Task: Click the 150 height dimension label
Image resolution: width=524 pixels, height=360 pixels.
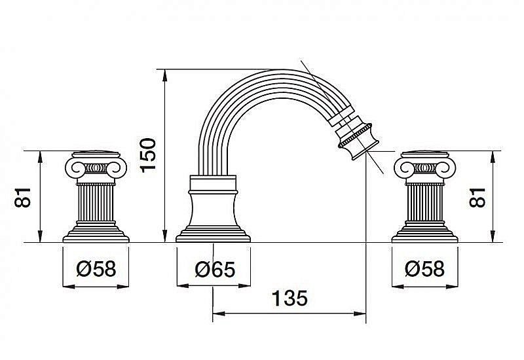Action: click(x=148, y=155)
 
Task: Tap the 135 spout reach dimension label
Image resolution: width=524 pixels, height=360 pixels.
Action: click(x=290, y=298)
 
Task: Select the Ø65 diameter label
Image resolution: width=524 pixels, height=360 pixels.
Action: click(x=215, y=269)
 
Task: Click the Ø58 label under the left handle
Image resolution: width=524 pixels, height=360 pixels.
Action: click(x=96, y=268)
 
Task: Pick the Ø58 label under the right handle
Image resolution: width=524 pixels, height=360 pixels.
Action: click(x=424, y=268)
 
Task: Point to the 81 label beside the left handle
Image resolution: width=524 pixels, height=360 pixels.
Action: click(x=23, y=198)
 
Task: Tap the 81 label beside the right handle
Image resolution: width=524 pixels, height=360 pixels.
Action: click(x=477, y=198)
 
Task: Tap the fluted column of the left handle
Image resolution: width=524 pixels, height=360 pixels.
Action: click(x=96, y=203)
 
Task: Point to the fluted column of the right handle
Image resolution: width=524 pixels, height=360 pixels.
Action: click(x=424, y=203)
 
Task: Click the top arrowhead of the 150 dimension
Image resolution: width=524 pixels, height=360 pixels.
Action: click(x=165, y=75)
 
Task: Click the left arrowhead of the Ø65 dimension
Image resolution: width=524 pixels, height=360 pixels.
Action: click(x=183, y=286)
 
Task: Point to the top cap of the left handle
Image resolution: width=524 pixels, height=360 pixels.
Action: click(x=96, y=154)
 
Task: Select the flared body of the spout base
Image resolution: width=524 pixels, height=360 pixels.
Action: click(x=214, y=210)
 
